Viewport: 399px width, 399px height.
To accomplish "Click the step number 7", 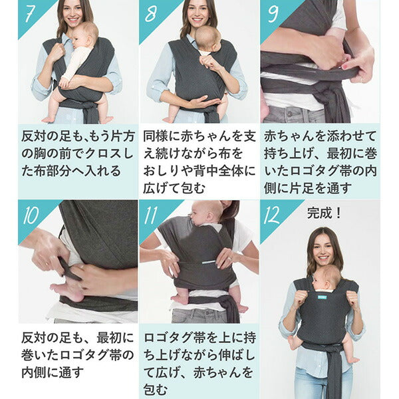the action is pyautogui.click(x=29, y=14).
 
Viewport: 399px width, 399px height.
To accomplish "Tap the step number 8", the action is pyautogui.click(x=151, y=14).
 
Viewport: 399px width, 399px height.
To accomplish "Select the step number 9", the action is pyautogui.click(x=273, y=14).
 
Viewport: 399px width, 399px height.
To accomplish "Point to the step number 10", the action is pyautogui.click(x=31, y=215).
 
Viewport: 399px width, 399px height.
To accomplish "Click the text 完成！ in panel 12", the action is pyautogui.click(x=324, y=213).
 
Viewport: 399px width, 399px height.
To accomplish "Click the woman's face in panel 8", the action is pyautogui.click(x=198, y=13).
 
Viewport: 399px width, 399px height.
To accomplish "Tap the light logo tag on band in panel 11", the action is pyautogui.click(x=209, y=262).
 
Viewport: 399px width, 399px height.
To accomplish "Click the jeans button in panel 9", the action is pyautogui.click(x=289, y=111).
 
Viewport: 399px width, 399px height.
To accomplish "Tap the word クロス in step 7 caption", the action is pyautogui.click(x=104, y=154).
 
